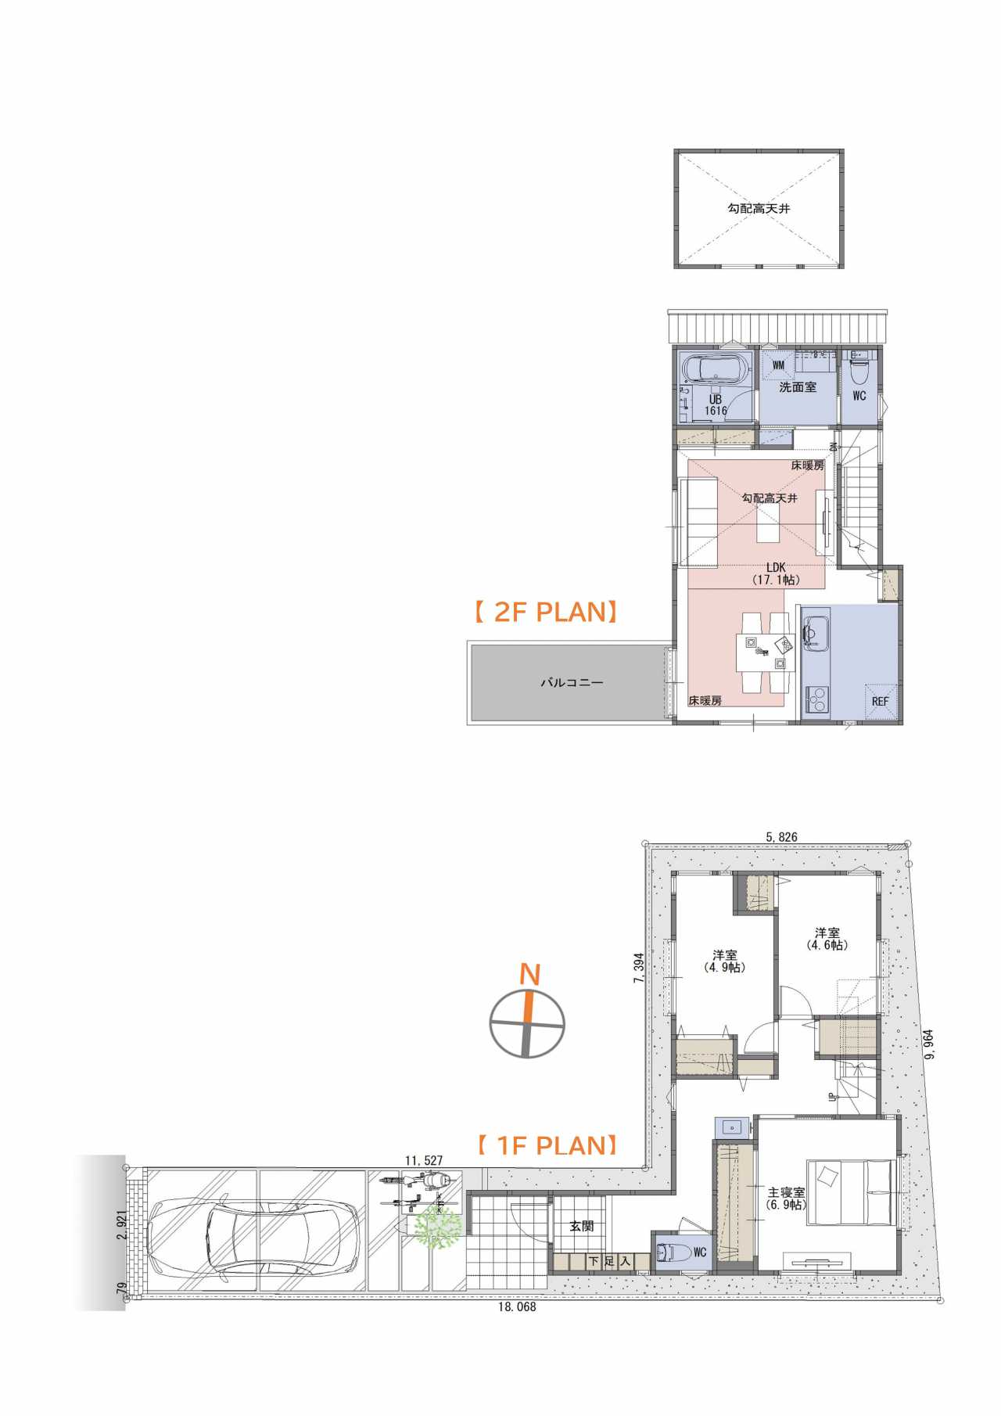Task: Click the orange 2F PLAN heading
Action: pyautogui.click(x=546, y=612)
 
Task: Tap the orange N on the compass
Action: pyautogui.click(x=530, y=975)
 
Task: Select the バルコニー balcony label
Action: pyautogui.click(x=572, y=683)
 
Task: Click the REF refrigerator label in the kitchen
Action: pyautogui.click(x=880, y=702)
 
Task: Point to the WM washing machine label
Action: pyautogui.click(x=778, y=365)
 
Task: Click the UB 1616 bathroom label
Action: pyautogui.click(x=716, y=405)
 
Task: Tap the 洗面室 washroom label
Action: pyautogui.click(x=798, y=387)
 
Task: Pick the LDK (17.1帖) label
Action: pyautogui.click(x=775, y=573)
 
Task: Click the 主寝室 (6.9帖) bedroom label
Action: pyautogui.click(x=786, y=1199)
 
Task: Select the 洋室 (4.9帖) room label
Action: pyautogui.click(x=724, y=961)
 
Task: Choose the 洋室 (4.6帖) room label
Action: pyautogui.click(x=827, y=939)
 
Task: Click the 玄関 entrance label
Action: pyautogui.click(x=581, y=1226)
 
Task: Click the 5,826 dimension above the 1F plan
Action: pyautogui.click(x=781, y=837)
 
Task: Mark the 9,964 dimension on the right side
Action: pyautogui.click(x=929, y=1044)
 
